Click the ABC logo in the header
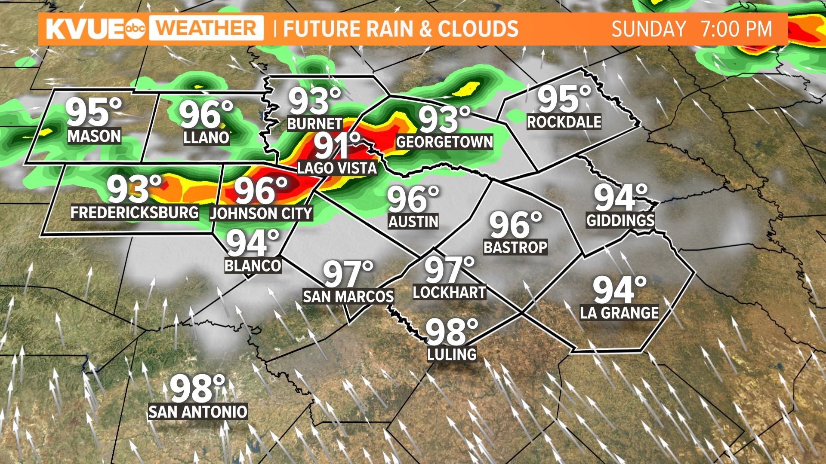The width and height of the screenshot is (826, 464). [136, 29]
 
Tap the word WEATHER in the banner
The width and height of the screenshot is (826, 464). [206, 28]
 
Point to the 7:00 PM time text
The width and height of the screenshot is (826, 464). [737, 29]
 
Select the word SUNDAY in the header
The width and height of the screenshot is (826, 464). [649, 29]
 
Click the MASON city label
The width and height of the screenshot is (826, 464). [94, 136]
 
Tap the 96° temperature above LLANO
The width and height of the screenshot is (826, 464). [206, 114]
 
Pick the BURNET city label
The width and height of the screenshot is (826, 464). [315, 124]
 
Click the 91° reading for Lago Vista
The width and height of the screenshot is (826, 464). [337, 146]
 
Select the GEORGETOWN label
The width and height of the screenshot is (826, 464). [444, 142]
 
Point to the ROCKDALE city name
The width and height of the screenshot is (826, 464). [564, 122]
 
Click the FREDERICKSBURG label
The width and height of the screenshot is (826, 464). [135, 212]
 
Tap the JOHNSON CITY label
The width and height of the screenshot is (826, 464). [261, 214]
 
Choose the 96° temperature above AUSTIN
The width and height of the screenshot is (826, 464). [413, 199]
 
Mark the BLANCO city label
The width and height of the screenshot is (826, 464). [253, 266]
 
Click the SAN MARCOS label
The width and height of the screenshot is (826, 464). [348, 296]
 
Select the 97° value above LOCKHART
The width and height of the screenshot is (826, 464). [450, 269]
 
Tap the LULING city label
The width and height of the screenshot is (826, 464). [452, 354]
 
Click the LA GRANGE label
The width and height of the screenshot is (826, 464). [619, 313]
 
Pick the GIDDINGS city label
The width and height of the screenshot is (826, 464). [620, 220]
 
